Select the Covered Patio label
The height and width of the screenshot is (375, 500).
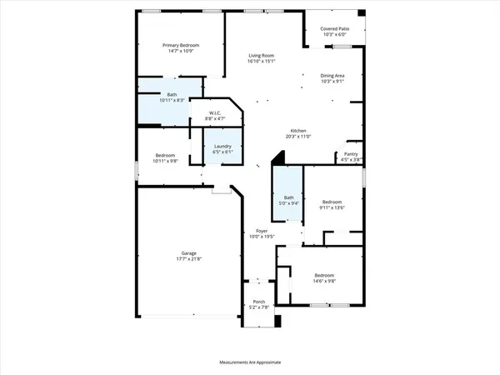pyautogui.click(x=334, y=29)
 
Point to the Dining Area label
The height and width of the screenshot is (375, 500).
pyautogui.click(x=333, y=76)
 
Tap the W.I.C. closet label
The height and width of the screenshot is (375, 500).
pyautogui.click(x=215, y=113)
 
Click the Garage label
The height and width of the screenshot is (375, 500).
pyautogui.click(x=189, y=253)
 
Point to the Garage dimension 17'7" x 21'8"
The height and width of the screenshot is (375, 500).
pyautogui.click(x=189, y=259)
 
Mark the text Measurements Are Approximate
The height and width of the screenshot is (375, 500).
pyautogui.click(x=250, y=362)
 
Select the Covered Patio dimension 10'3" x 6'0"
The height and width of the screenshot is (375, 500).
pyautogui.click(x=334, y=35)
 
